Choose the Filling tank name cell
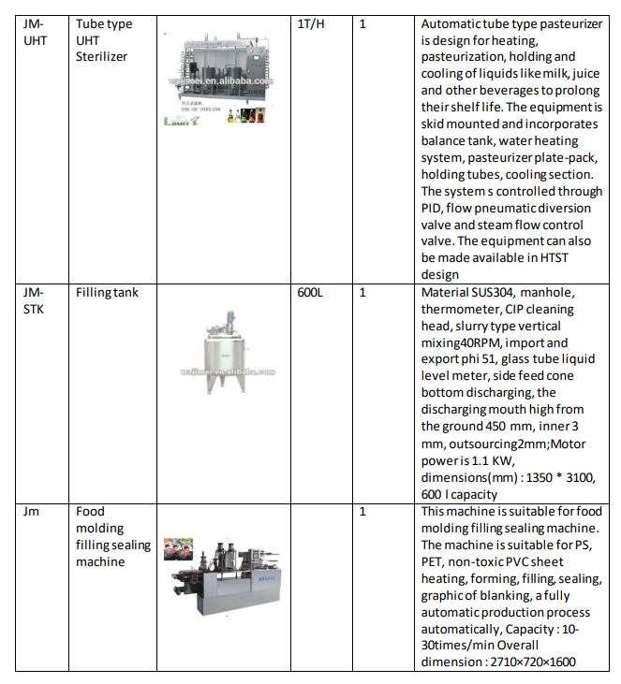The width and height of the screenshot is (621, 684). (x=107, y=292)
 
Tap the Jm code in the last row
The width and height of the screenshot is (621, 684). (x=31, y=512)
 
